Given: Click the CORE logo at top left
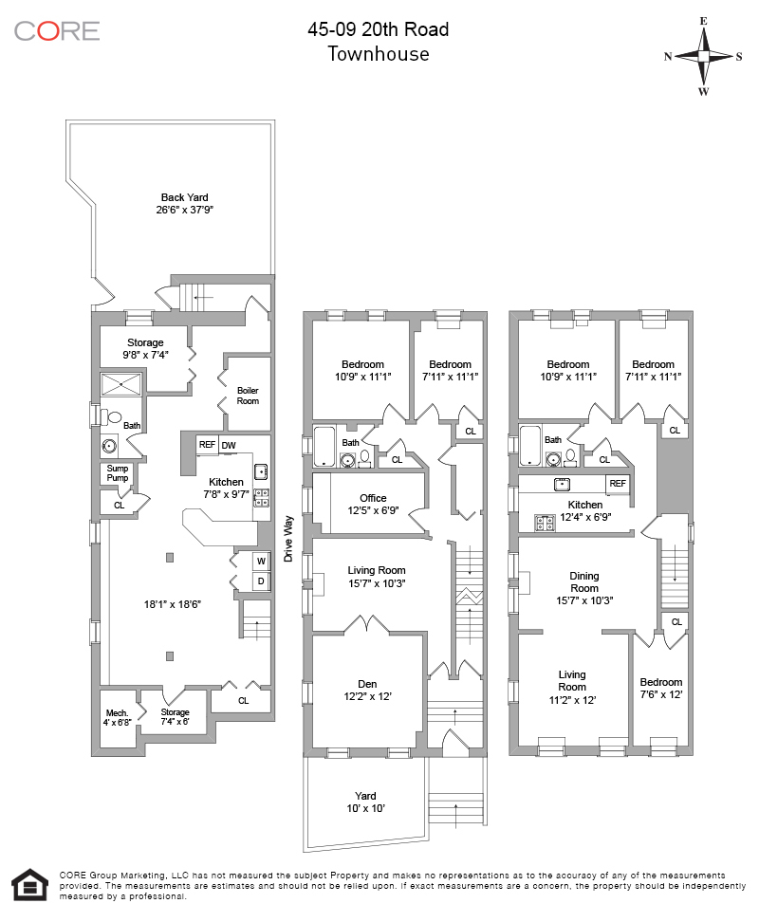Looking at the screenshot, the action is pyautogui.click(x=57, y=30).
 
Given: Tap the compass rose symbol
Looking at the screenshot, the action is pyautogui.click(x=703, y=56).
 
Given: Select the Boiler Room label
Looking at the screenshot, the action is pyautogui.click(x=248, y=395).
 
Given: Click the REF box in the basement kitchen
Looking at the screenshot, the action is pyautogui.click(x=207, y=444).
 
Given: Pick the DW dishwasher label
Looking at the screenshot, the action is pyautogui.click(x=230, y=444).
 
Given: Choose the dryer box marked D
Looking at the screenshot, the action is pyautogui.click(x=260, y=581).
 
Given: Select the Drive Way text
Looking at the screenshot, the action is pyautogui.click(x=287, y=539).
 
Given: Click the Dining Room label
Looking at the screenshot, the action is pyautogui.click(x=584, y=581).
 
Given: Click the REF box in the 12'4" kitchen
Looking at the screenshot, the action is pyautogui.click(x=618, y=483).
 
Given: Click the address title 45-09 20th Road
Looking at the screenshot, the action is pyautogui.click(x=379, y=29).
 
